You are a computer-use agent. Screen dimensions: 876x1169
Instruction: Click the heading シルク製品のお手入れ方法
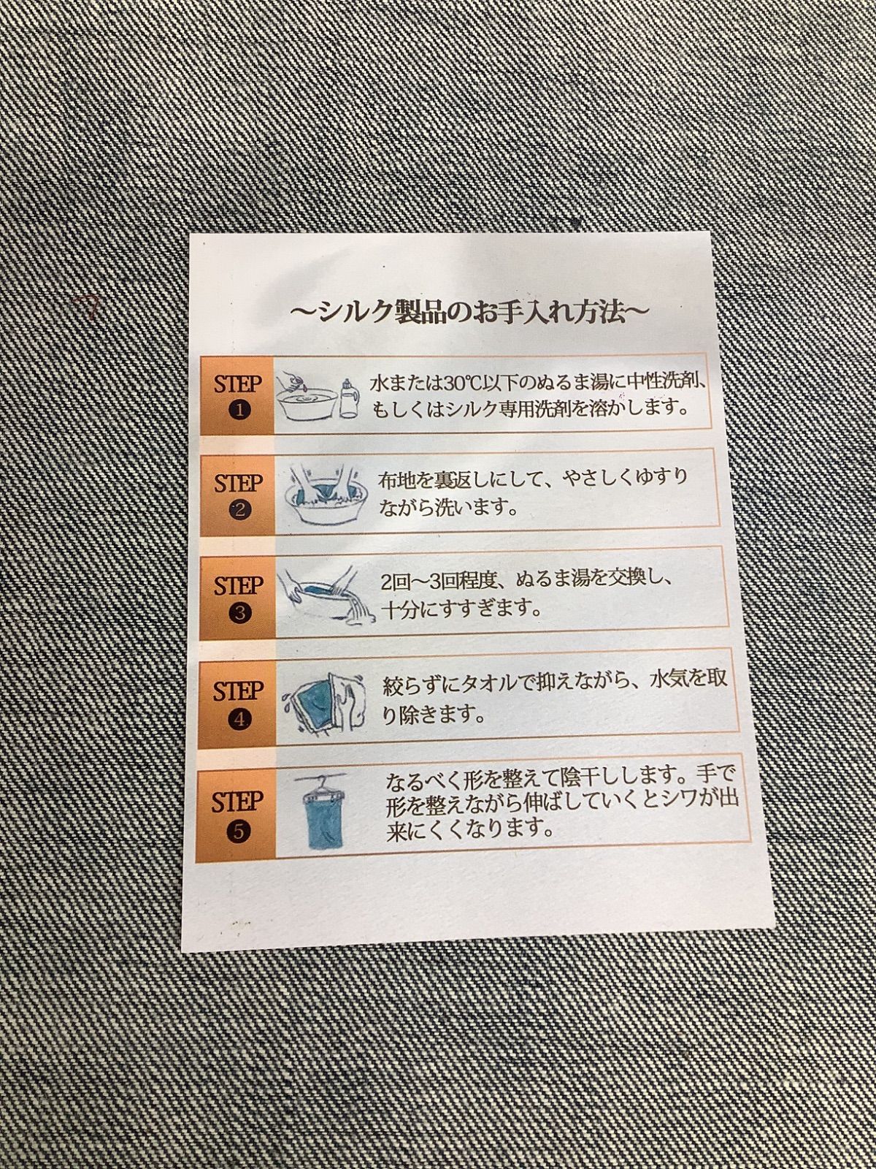[469, 313]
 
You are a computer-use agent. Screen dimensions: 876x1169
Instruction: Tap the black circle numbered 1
[239, 411]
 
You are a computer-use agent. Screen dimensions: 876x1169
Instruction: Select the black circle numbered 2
[239, 511]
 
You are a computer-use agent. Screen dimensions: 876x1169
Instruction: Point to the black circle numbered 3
[239, 614]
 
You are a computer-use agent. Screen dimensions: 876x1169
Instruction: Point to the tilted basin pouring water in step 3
[325, 596]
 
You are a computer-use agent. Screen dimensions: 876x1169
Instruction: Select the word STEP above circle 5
[237, 801]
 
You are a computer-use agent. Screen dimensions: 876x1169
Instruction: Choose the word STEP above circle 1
[239, 384]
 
